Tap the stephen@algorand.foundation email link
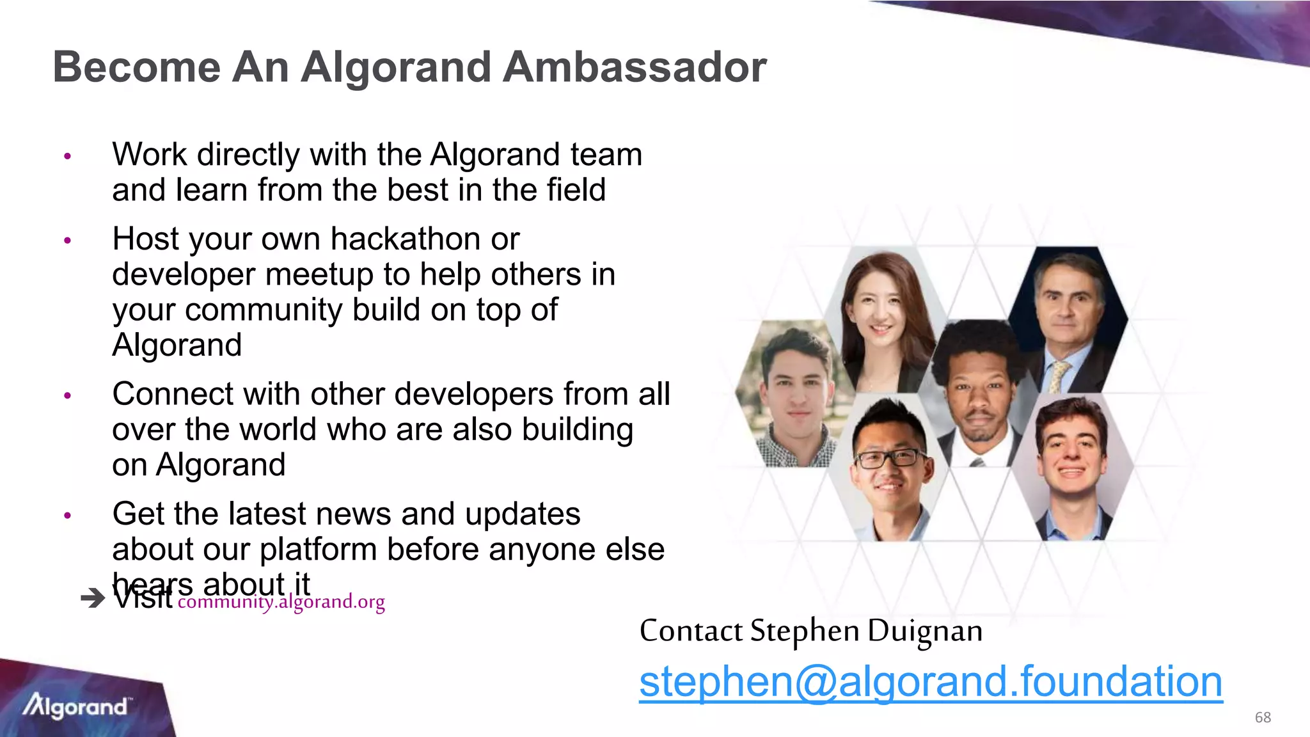click(x=931, y=682)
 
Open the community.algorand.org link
click(x=281, y=602)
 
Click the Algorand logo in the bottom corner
click(x=75, y=706)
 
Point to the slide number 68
click(x=1263, y=717)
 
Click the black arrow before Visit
click(x=93, y=599)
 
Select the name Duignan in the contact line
click(x=925, y=631)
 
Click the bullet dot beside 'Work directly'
click(x=68, y=156)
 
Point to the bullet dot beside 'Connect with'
click(x=68, y=395)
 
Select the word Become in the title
click(x=136, y=67)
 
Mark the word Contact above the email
click(x=691, y=631)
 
